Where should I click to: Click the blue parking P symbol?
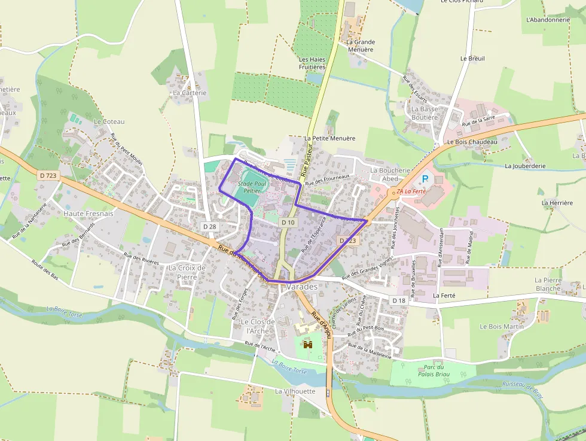point(426,179)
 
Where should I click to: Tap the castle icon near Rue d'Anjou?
point(309,345)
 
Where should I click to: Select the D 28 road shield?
point(209,226)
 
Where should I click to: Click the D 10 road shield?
point(288,222)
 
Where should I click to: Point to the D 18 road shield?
point(399,300)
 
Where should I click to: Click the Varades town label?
point(302,287)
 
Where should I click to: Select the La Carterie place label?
point(190,93)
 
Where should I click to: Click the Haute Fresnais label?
point(88,213)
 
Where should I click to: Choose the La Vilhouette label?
point(295,391)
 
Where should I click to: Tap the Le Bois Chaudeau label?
point(472,142)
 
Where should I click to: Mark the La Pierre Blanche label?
point(548,284)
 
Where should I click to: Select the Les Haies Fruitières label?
point(312,63)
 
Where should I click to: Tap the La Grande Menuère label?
point(361,45)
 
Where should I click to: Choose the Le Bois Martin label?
point(502,326)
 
